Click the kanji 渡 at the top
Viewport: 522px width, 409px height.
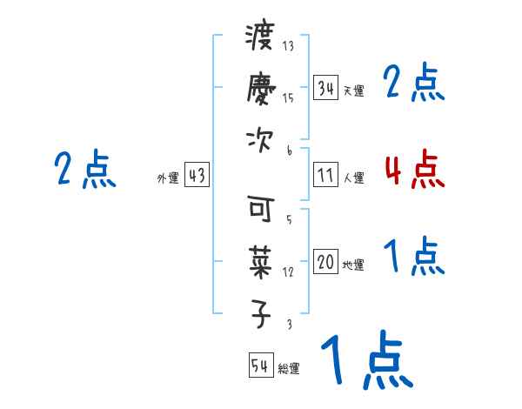[x=260, y=37]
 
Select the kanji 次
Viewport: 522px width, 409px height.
[x=260, y=140]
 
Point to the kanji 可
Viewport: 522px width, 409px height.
[x=260, y=209]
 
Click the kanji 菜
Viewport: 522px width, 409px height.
[x=260, y=261]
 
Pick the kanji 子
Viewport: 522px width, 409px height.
[x=260, y=313]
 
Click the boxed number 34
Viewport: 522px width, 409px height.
[x=325, y=88]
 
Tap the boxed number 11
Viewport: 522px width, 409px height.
[x=325, y=175]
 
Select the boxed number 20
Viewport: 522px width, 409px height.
[x=325, y=262]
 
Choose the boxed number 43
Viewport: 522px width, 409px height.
[x=197, y=175]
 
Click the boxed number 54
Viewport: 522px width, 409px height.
[x=260, y=365]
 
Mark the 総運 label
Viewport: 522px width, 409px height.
[x=289, y=369]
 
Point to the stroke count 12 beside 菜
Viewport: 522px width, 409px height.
[x=288, y=272]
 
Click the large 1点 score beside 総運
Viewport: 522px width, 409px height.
[x=365, y=359]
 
